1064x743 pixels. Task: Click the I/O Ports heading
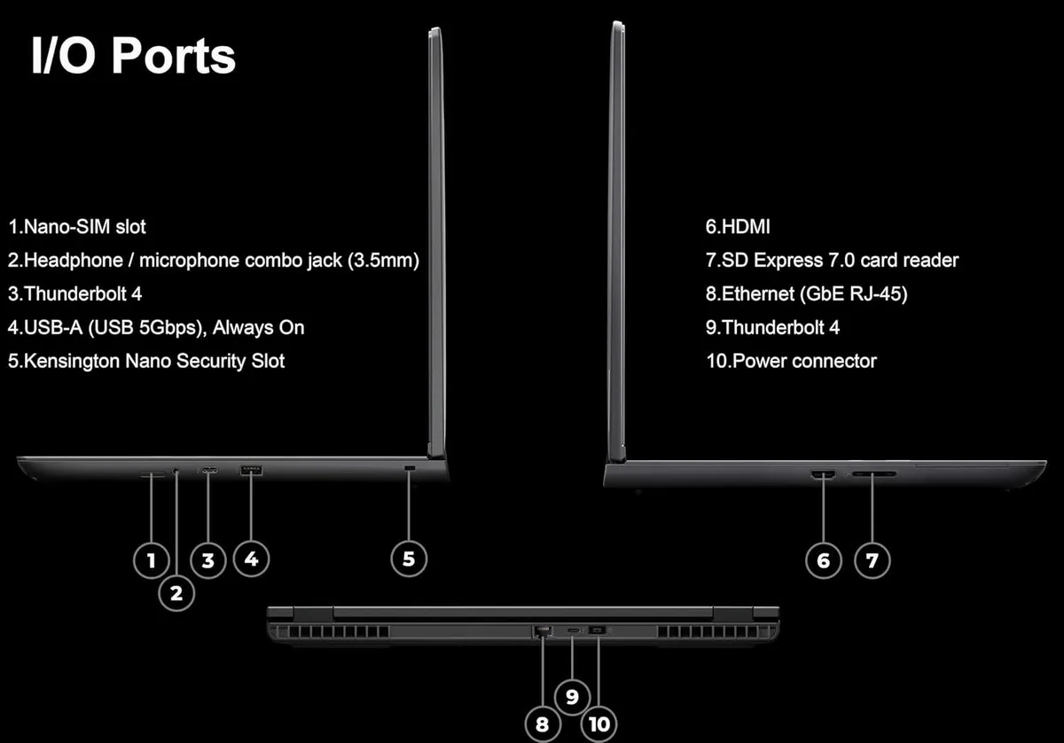(x=134, y=56)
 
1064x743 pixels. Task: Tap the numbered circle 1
(x=151, y=560)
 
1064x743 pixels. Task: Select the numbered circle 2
(x=176, y=593)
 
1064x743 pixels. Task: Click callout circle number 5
(x=409, y=559)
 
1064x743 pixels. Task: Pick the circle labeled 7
(x=872, y=560)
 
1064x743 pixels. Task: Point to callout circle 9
(x=572, y=697)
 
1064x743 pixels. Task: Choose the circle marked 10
(x=599, y=724)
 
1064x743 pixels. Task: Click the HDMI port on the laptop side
(x=823, y=474)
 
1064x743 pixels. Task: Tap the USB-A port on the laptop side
(x=251, y=470)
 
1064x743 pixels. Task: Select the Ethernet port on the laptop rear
(x=543, y=631)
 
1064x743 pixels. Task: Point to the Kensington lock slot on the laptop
(x=410, y=468)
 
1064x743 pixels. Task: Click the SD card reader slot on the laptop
(x=874, y=473)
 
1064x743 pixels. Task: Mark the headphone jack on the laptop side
(x=176, y=471)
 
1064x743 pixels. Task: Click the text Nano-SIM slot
(x=84, y=227)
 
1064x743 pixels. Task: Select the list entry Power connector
(x=804, y=361)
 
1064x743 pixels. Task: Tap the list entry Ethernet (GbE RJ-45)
(x=814, y=294)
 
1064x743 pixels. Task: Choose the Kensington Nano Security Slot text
(x=154, y=361)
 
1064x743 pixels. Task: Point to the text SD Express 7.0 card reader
(x=840, y=261)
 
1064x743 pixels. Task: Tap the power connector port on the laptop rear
(x=597, y=630)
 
